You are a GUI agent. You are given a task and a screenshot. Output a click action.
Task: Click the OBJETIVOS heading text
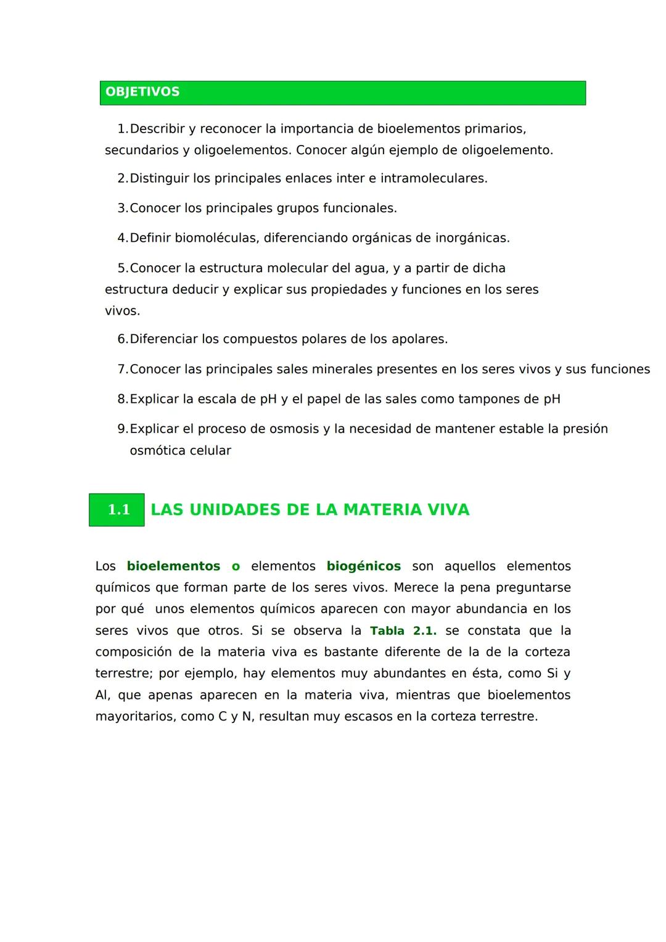(x=142, y=92)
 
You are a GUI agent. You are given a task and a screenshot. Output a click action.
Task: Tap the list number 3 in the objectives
(x=121, y=209)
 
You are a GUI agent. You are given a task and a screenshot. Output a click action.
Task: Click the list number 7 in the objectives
(x=121, y=370)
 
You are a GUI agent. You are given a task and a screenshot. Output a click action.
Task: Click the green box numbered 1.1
(x=117, y=510)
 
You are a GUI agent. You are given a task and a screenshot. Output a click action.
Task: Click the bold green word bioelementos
(x=173, y=566)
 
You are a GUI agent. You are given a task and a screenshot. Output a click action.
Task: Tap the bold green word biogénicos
(x=364, y=566)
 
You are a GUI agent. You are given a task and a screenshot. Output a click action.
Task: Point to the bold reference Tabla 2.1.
(x=403, y=630)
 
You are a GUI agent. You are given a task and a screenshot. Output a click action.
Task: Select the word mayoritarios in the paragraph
(x=134, y=717)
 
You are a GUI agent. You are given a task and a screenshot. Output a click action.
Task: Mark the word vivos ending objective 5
(x=121, y=311)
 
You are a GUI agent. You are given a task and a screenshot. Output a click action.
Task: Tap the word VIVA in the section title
(x=449, y=510)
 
